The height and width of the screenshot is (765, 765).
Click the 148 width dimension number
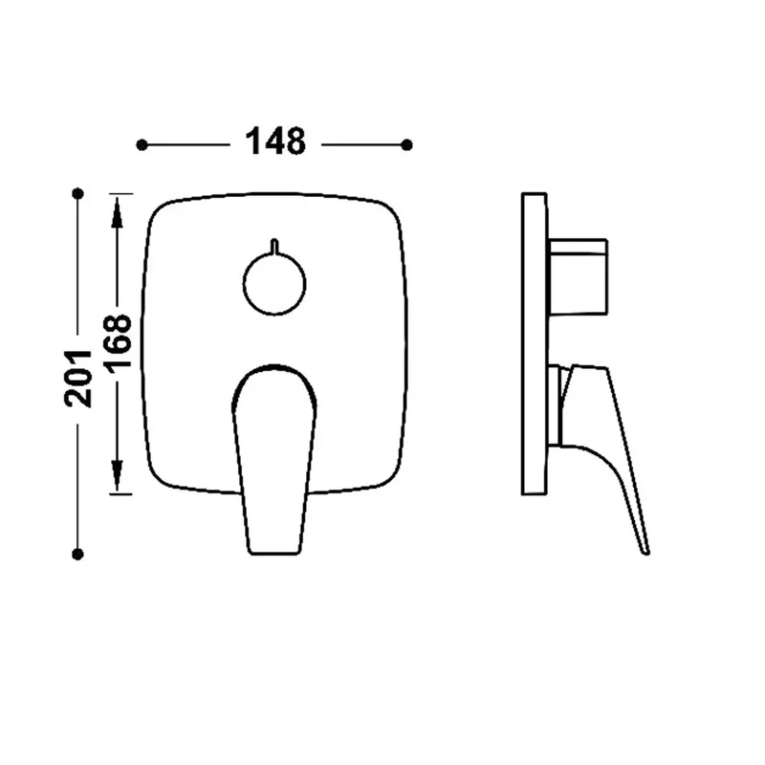(275, 141)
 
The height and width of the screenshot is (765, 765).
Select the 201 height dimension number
(78, 379)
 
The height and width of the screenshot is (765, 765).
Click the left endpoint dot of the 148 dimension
(142, 145)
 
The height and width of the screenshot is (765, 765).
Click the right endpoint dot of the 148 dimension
(406, 145)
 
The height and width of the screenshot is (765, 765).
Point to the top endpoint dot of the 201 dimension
(77, 194)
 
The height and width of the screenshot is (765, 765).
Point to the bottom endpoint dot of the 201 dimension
(77, 555)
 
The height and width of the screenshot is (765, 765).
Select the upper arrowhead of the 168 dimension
(117, 213)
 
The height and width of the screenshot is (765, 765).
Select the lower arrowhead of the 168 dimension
(117, 475)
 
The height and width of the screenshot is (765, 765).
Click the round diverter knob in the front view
(274, 283)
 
